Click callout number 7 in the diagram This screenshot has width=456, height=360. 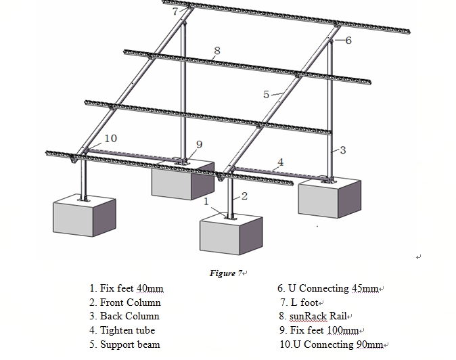pos(175,12)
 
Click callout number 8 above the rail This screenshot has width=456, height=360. pos(216,50)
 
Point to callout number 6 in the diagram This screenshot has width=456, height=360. pos(348,41)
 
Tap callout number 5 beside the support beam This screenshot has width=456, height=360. pos(266,94)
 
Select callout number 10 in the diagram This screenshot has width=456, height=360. pos(110,139)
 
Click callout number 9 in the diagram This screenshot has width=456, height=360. pos(199,144)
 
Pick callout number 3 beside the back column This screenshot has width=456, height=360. pos(343,150)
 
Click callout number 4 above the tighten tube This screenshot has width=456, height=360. pos(280,162)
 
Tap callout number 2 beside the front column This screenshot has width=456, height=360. pos(244,196)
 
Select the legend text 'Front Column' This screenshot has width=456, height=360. pos(130,302)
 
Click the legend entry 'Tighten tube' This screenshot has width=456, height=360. pos(127,330)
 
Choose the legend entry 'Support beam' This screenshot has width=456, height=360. pos(130,344)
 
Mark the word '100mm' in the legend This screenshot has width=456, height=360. pos(344,330)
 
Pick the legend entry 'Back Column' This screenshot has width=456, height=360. pos(129,316)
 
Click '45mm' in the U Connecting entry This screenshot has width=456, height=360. pos(365,288)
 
